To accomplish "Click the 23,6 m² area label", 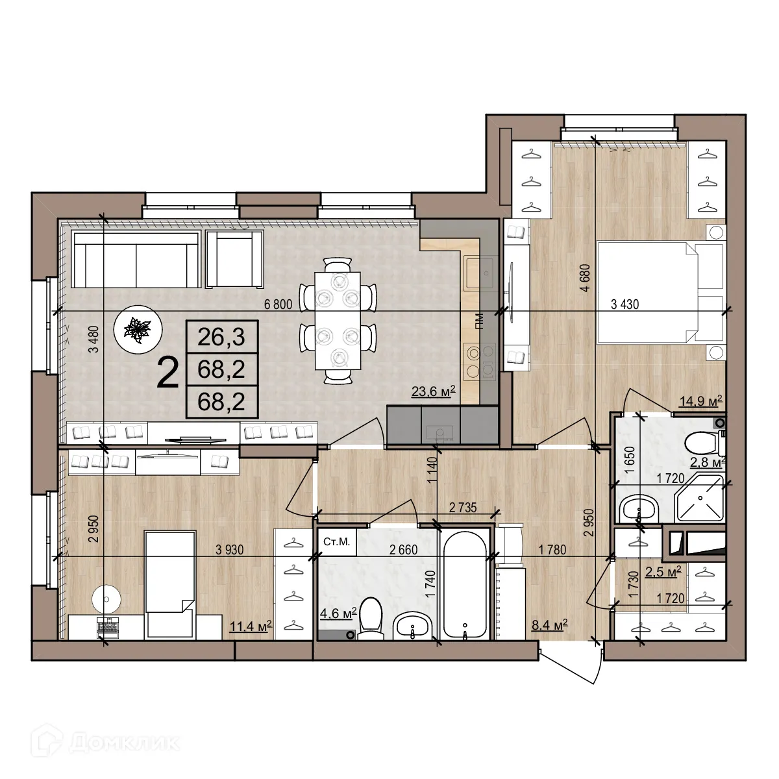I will click(432, 391).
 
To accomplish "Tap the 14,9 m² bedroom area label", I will click(700, 401).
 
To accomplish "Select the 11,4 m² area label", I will click(251, 626).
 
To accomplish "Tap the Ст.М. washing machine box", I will click(336, 543).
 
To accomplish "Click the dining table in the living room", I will click(338, 320).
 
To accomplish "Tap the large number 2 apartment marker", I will click(168, 373).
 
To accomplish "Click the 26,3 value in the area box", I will click(221, 337).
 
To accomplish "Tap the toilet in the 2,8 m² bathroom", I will click(701, 444).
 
